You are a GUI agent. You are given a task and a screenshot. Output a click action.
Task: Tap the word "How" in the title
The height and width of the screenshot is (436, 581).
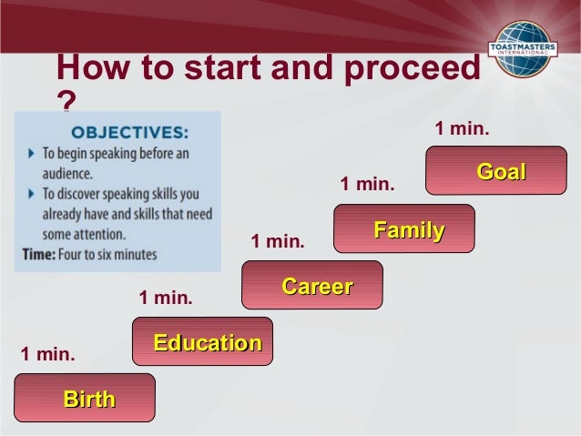pos(89,69)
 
